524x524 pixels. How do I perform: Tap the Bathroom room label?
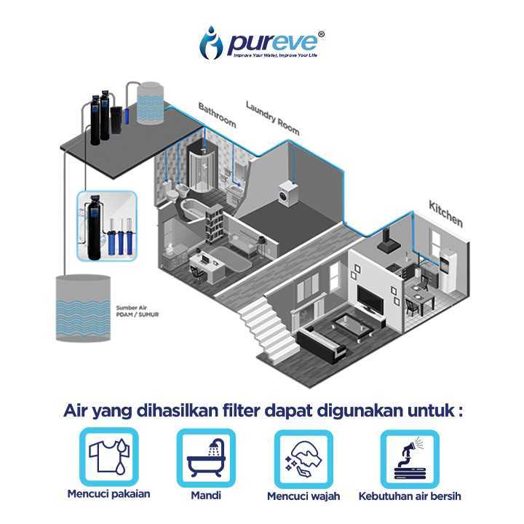coord(217,115)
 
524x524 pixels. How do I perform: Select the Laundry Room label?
coord(272,117)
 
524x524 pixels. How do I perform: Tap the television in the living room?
coord(373,298)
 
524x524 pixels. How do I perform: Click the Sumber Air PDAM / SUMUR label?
coord(138,311)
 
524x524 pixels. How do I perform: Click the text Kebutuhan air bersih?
coord(410,497)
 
